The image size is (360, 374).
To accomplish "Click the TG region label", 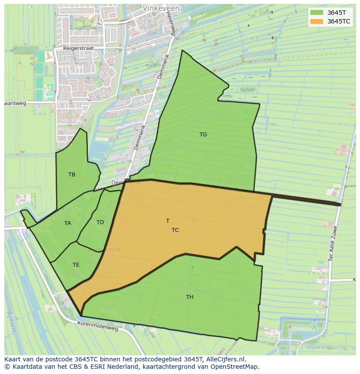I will [203, 135].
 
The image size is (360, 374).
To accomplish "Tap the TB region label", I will [72, 175].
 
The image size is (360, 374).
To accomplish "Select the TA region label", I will [67, 223].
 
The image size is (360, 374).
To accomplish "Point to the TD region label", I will [100, 222].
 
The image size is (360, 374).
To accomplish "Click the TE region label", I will [76, 265].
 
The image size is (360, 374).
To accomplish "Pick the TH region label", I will [190, 297].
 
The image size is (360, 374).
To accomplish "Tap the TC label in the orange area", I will [175, 230].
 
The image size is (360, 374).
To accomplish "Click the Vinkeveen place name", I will [161, 8].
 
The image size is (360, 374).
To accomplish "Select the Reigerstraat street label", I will [78, 49].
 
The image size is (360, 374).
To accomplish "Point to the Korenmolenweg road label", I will [98, 326].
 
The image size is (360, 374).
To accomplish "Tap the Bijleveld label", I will [11, 321].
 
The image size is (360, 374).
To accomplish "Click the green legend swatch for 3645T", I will [317, 13].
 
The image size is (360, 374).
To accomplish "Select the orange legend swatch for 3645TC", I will [317, 21].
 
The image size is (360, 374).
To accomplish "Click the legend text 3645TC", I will [339, 21].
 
